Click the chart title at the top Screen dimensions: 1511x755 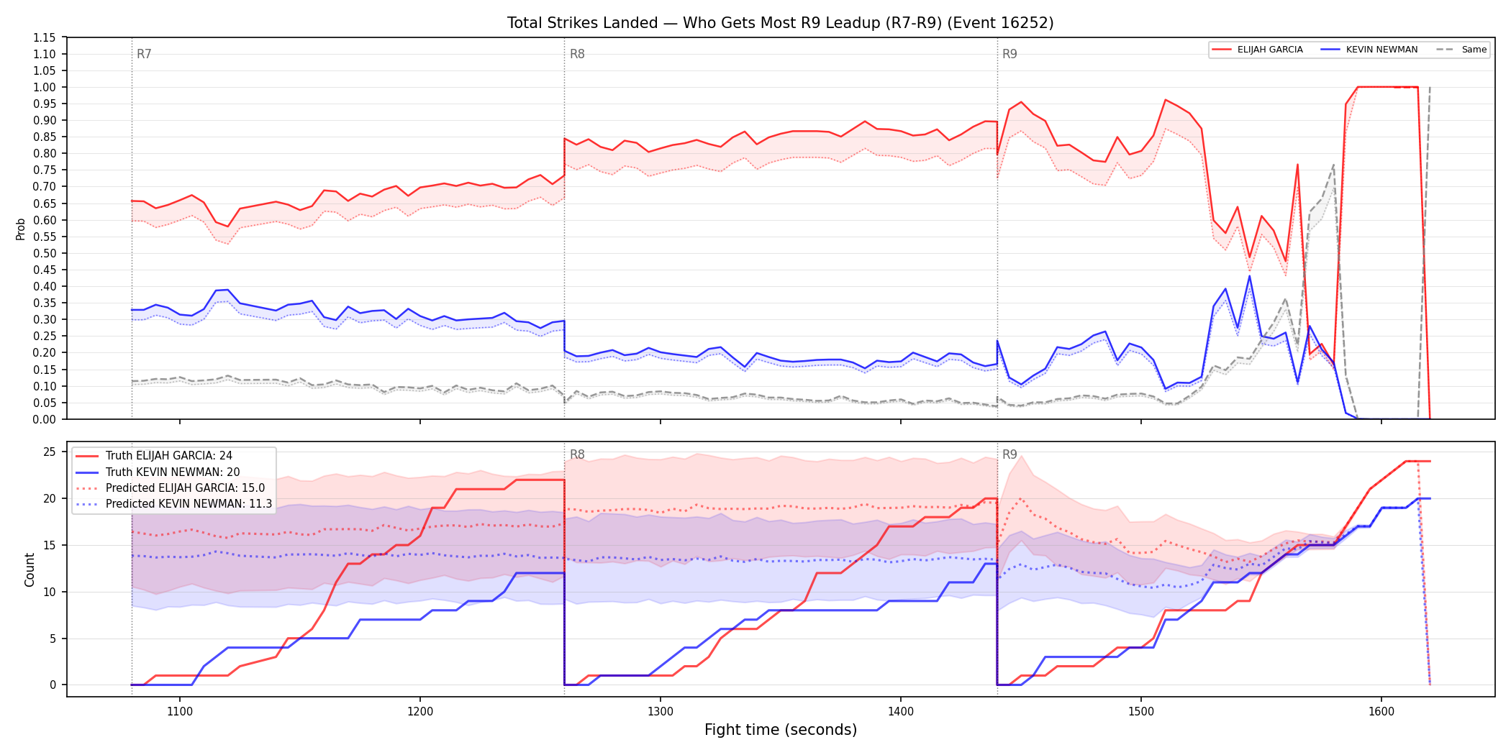(780, 23)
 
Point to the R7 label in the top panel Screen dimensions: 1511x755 (144, 54)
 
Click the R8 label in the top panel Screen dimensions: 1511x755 (577, 54)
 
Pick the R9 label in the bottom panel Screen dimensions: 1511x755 (1009, 454)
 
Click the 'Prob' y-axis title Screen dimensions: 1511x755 (21, 229)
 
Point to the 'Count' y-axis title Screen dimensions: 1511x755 (30, 569)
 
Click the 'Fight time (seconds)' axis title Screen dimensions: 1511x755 (781, 730)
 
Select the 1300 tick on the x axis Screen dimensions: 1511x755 (661, 711)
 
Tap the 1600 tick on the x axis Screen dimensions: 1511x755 (1381, 711)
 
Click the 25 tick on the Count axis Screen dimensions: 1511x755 (50, 452)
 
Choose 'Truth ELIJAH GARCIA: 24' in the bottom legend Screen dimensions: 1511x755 (169, 456)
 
